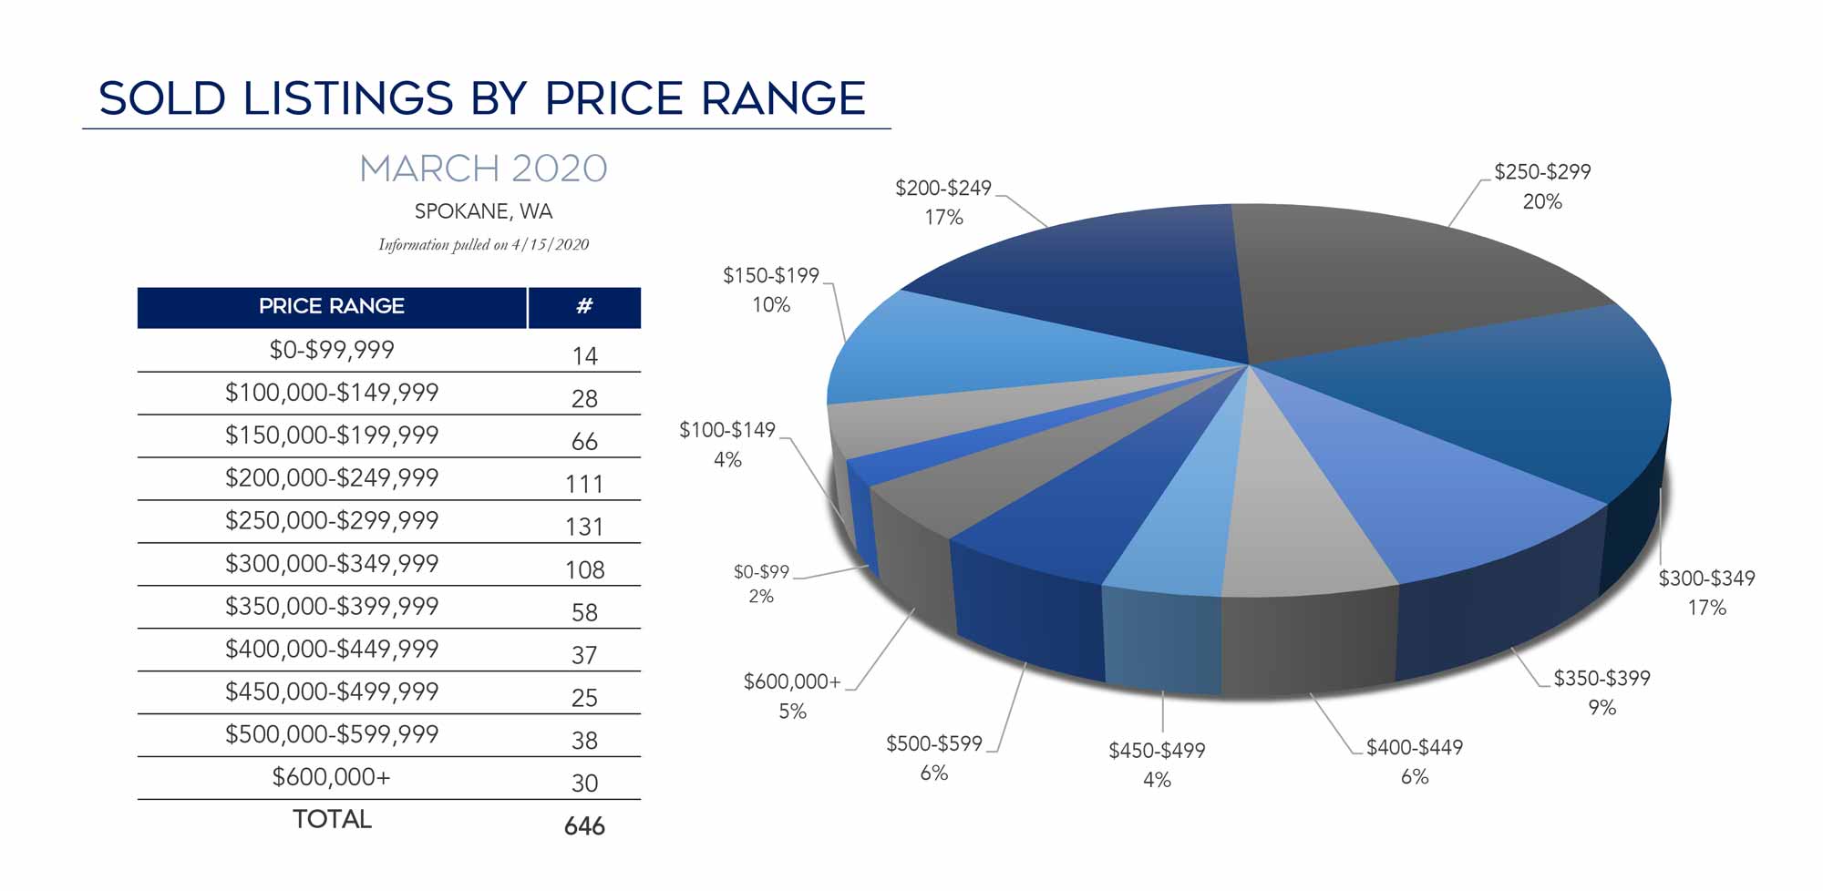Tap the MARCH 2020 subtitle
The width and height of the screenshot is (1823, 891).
click(x=483, y=169)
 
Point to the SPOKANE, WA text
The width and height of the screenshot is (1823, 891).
click(x=483, y=211)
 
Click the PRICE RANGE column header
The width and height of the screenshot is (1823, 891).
click(x=332, y=306)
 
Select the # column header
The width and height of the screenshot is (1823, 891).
click(x=584, y=306)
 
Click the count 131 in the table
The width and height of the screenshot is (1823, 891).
click(x=584, y=527)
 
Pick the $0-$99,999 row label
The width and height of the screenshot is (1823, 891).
click(x=332, y=350)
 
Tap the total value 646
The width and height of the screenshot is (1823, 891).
click(x=584, y=825)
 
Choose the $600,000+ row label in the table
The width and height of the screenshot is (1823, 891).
click(x=332, y=777)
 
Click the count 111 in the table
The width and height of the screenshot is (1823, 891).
click(x=584, y=484)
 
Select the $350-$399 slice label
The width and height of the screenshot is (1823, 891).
click(x=1602, y=678)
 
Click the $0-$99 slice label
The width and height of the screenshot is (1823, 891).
click(x=761, y=572)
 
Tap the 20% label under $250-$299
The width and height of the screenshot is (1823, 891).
click(x=1542, y=201)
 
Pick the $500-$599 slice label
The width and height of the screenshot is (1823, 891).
click(x=934, y=743)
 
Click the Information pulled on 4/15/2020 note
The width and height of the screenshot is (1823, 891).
click(x=483, y=244)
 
